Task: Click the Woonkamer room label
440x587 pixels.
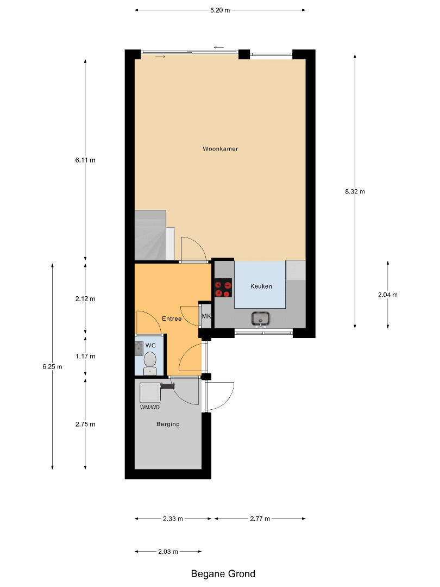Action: [220, 148]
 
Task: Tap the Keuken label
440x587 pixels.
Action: [261, 286]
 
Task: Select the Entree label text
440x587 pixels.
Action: [172, 319]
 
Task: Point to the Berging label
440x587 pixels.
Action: [168, 424]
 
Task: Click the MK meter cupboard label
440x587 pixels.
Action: [206, 316]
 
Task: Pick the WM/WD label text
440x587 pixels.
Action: [150, 407]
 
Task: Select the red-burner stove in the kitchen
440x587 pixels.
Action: [223, 288]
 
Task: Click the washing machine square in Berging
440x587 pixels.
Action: [150, 392]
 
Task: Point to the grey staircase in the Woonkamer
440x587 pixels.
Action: [150, 235]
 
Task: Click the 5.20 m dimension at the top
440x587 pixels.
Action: [220, 10]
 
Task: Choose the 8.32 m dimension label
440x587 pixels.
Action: [355, 191]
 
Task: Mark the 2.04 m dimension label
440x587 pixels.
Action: [388, 295]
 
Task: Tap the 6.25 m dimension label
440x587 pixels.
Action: [52, 366]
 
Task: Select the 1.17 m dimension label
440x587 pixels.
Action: [85, 356]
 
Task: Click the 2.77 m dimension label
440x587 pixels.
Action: [260, 519]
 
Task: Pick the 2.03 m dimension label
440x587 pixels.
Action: [168, 552]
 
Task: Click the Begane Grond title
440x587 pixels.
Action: [223, 573]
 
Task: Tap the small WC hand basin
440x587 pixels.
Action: [139, 348]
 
